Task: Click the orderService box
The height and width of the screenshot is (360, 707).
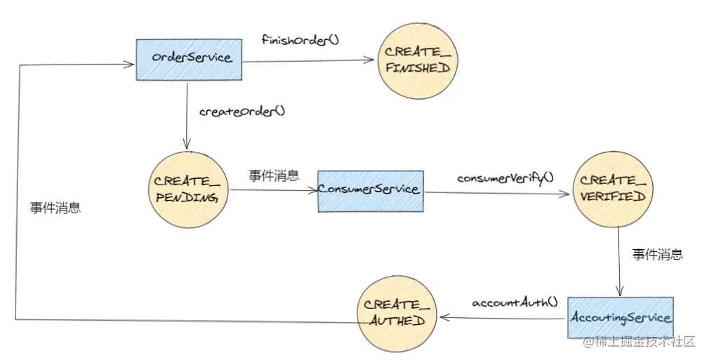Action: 189,60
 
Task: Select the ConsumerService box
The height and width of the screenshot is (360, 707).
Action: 371,191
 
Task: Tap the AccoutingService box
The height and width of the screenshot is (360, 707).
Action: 621,318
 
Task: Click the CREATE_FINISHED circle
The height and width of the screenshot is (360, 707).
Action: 417,61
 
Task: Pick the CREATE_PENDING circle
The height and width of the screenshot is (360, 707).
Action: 188,189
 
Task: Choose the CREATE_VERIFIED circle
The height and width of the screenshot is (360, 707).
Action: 613,189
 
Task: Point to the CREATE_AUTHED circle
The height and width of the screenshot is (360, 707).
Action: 397,314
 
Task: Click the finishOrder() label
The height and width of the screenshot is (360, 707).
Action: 300,40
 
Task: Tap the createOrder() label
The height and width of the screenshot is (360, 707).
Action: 242,111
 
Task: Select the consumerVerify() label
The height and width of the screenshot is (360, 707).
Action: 505,178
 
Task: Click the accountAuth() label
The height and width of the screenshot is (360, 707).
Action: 515,302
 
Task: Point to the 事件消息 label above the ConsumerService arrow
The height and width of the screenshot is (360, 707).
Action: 274,175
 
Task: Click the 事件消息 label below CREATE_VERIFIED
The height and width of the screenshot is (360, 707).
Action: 657,254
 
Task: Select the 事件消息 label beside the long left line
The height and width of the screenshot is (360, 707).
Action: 55,208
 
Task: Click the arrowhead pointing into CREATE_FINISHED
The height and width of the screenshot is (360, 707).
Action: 370,60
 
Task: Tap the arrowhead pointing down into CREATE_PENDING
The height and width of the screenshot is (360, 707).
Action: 187,144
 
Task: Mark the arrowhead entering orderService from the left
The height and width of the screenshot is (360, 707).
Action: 129,64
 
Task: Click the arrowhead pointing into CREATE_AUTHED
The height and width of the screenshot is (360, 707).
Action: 445,318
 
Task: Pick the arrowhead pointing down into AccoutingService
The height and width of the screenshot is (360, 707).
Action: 620,290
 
